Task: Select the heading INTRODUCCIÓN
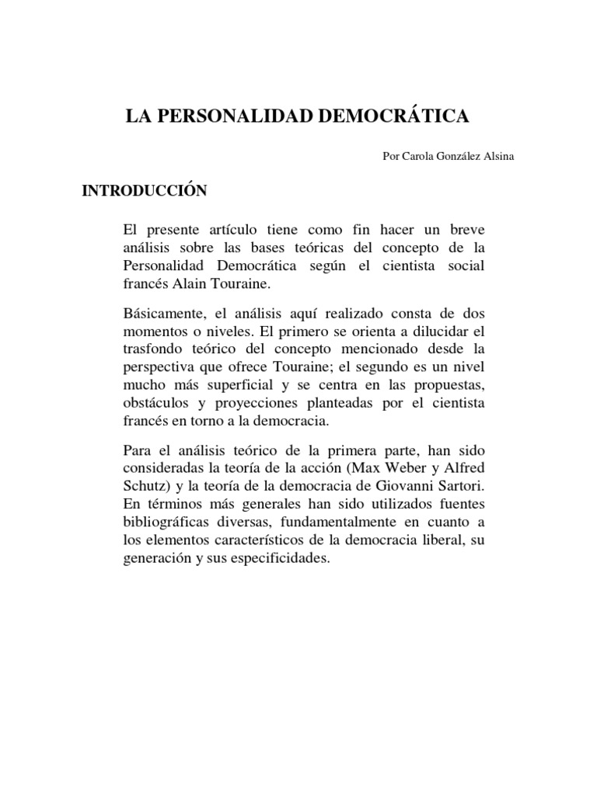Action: tap(145, 191)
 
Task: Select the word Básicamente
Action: tap(162, 313)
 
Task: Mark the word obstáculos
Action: tap(155, 404)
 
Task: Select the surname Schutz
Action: tap(144, 487)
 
